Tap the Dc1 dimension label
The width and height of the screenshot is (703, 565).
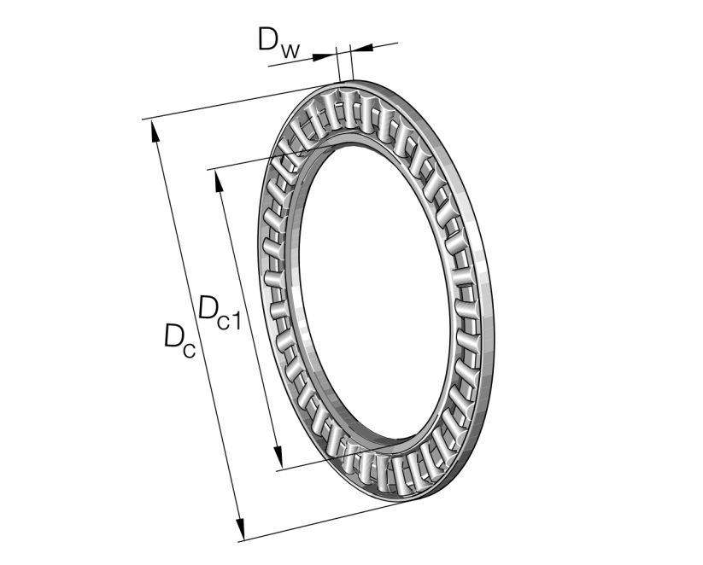(x=220, y=310)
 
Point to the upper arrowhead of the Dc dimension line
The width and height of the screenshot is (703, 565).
(x=155, y=131)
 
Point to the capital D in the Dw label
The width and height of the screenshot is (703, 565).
(x=267, y=38)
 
